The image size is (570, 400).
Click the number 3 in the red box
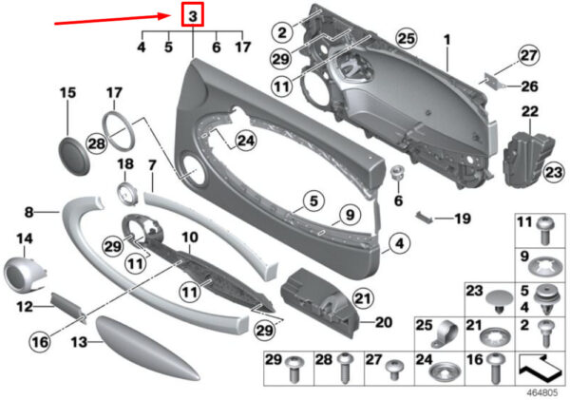click(x=193, y=15)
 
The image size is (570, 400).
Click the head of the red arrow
click(x=168, y=15)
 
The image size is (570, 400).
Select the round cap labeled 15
click(x=74, y=157)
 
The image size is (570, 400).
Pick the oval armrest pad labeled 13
click(x=147, y=349)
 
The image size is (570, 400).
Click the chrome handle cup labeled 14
click(x=24, y=274)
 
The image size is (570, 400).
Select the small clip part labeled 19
click(x=425, y=216)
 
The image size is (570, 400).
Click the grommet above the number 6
click(x=398, y=174)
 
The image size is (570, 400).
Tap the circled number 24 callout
click(x=246, y=141)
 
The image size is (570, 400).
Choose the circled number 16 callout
click(x=40, y=342)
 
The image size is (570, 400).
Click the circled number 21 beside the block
click(x=364, y=299)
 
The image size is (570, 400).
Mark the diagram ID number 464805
click(x=542, y=392)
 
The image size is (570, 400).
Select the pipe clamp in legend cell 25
click(x=444, y=334)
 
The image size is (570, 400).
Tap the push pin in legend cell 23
click(x=500, y=302)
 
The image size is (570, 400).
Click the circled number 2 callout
click(x=282, y=32)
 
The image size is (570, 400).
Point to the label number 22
click(x=529, y=111)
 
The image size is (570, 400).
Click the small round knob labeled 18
click(x=127, y=194)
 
